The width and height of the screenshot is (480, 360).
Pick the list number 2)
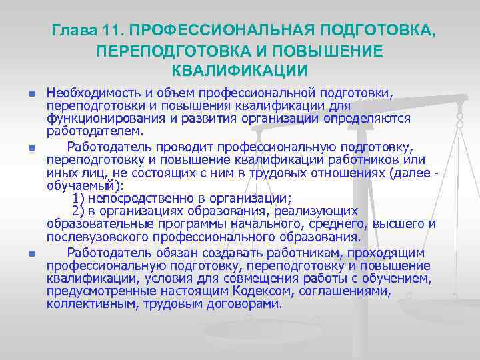(78, 210)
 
